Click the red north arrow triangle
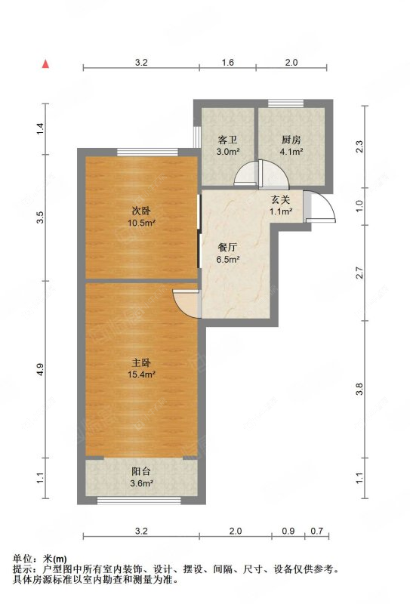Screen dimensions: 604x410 click(47, 64)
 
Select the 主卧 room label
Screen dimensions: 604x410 click(141, 362)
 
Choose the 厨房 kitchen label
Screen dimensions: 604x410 click(291, 140)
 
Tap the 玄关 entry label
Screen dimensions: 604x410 click(281, 200)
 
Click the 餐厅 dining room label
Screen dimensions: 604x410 click(227, 248)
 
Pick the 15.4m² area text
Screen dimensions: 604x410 click(141, 374)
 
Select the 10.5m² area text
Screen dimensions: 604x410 click(141, 223)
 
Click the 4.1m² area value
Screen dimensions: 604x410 click(291, 151)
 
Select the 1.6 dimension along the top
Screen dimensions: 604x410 click(227, 63)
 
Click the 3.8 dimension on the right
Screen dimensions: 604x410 click(360, 390)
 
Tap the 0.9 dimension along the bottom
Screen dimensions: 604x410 click(288, 531)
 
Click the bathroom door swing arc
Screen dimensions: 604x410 click(245, 175)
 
